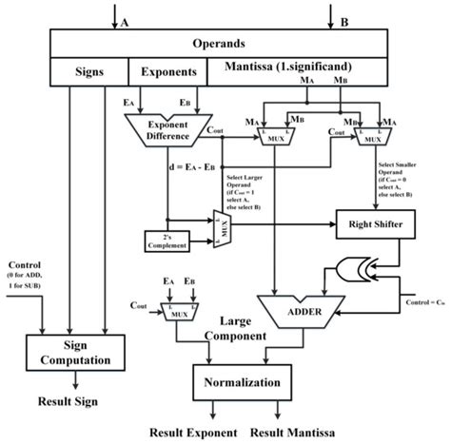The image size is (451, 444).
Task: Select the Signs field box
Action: tap(89, 71)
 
